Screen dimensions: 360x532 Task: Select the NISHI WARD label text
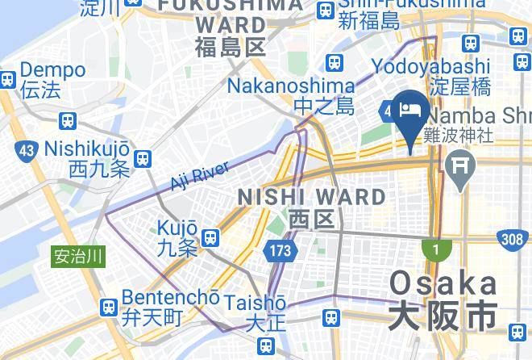[311, 197]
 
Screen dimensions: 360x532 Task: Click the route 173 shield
[280, 251]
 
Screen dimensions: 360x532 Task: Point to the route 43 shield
[26, 150]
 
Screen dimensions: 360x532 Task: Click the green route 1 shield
[436, 250]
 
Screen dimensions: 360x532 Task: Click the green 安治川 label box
[78, 257]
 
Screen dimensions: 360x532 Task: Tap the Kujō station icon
[211, 237]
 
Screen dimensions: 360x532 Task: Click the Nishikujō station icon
[143, 159]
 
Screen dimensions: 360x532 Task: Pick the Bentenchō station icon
[109, 308]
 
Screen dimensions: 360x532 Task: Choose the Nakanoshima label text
[290, 86]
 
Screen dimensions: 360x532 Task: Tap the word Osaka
[443, 283]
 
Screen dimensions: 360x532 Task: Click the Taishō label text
[255, 303]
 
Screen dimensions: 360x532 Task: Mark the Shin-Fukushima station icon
[325, 10]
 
